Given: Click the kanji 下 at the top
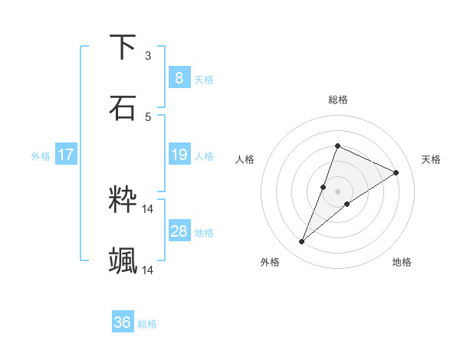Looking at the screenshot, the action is (x=123, y=47).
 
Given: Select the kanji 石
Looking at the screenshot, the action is (x=123, y=108).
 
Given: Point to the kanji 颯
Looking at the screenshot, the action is (x=123, y=261).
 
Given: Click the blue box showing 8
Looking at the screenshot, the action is (x=179, y=77).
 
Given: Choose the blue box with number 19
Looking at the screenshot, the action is (x=179, y=155).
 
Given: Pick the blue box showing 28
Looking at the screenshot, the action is (x=179, y=231).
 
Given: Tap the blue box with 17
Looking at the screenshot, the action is (x=65, y=155).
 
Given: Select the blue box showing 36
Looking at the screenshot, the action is (x=122, y=322).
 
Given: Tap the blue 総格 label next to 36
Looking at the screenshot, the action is (x=147, y=324).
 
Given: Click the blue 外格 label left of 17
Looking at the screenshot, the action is (x=41, y=156).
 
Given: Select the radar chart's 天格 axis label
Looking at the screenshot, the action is (x=431, y=159).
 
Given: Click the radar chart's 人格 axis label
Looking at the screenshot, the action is (x=245, y=159).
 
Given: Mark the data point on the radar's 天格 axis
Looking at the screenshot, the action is (x=396, y=172).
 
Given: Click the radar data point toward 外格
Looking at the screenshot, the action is (x=302, y=242).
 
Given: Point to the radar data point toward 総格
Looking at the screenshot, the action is (x=337, y=146).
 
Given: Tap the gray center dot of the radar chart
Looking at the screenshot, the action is (x=337, y=191).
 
